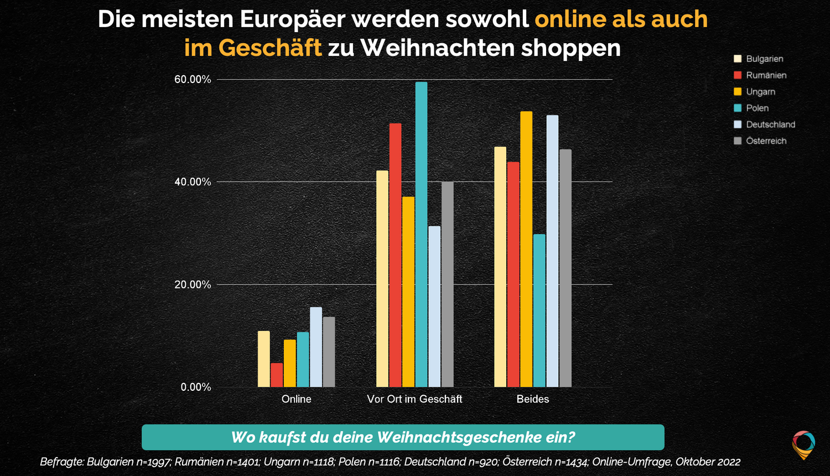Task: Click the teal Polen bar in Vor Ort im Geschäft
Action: point(421,235)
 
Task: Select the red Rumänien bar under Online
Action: point(277,375)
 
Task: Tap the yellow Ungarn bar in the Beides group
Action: point(526,249)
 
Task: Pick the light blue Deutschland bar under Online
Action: point(316,347)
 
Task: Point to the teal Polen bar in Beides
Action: point(539,311)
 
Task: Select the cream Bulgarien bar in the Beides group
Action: point(500,267)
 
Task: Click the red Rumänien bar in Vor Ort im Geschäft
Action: point(395,255)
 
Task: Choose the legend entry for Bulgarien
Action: point(764,59)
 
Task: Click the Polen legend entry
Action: point(757,108)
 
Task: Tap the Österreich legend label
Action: point(766,141)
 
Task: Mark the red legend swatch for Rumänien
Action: point(738,75)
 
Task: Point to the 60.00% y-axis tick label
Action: point(193,80)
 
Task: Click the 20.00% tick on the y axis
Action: point(193,284)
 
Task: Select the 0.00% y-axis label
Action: point(196,387)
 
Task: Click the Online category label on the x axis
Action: point(297,399)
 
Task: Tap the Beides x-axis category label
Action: point(533,399)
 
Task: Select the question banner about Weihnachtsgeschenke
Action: point(403,437)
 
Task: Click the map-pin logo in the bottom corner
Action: point(803,444)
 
